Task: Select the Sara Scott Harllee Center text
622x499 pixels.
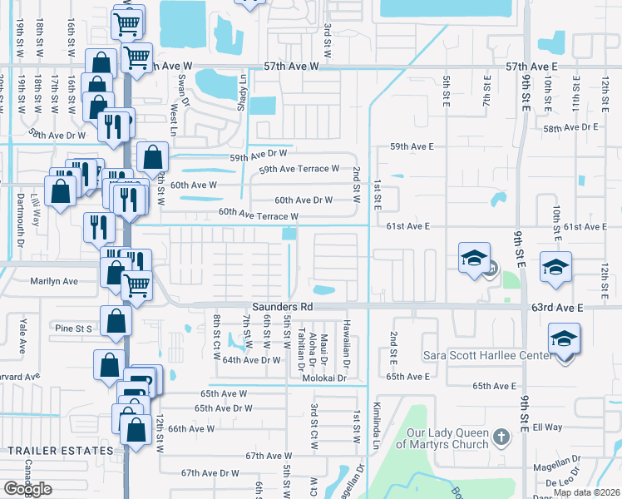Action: pyautogui.click(x=486, y=356)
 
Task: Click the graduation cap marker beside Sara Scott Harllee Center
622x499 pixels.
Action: pyautogui.click(x=564, y=339)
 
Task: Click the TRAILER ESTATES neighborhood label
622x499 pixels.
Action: pyautogui.click(x=60, y=451)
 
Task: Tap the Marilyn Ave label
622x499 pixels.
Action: pyautogui.click(x=54, y=281)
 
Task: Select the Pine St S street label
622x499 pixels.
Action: pyautogui.click(x=72, y=328)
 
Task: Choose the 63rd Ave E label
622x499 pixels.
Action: pyautogui.click(x=559, y=308)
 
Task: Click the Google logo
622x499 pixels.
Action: pyautogui.click(x=27, y=489)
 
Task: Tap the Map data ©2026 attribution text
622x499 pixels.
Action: pyautogui.click(x=587, y=492)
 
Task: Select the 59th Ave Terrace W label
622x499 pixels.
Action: pyautogui.click(x=299, y=169)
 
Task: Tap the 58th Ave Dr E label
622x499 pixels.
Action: pyautogui.click(x=570, y=127)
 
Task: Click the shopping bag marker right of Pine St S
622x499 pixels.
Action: pyautogui.click(x=116, y=321)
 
